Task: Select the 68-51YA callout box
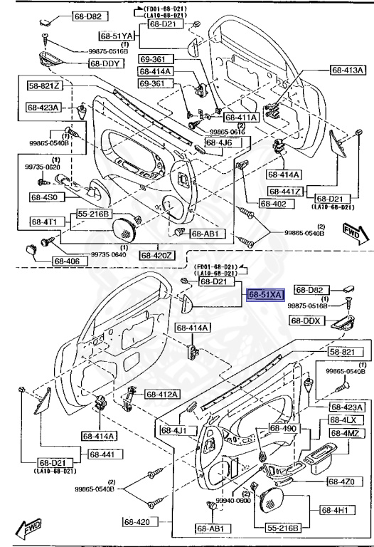[x=117, y=35]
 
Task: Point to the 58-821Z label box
[x=45, y=86]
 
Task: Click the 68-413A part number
[x=348, y=70]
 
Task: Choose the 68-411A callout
[x=240, y=117]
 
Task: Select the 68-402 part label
[x=274, y=204]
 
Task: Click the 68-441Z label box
[x=286, y=192]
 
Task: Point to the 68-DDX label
[x=306, y=321]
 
